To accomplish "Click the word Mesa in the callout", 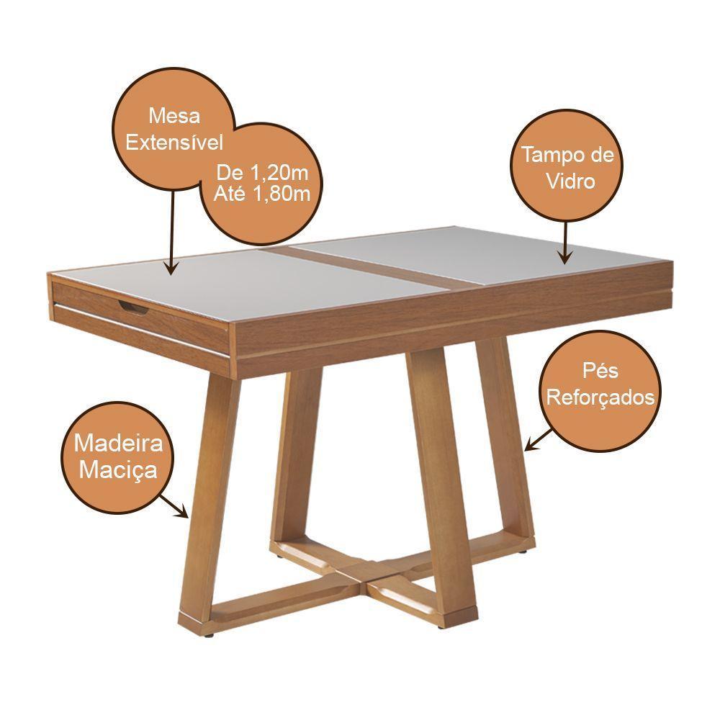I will tap(174, 116).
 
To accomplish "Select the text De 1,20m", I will tap(262, 174).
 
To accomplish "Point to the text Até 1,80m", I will tap(262, 194).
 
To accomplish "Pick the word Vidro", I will tap(570, 181).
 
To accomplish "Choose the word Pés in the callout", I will tap(600, 372).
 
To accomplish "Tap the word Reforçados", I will tap(600, 397).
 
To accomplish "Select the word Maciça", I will tap(119, 470).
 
